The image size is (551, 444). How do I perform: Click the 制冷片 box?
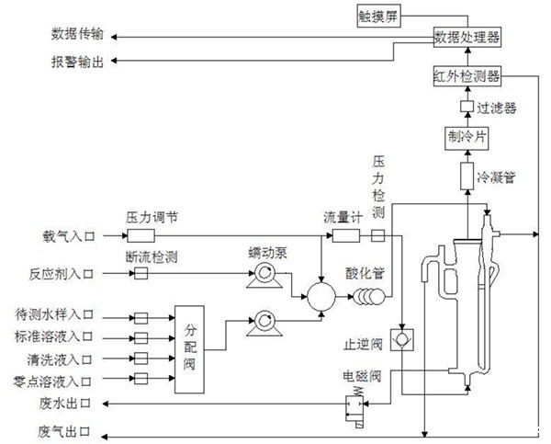(x=465, y=139)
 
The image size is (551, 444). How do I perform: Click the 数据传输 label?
(x=77, y=36)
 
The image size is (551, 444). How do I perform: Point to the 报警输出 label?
(x=77, y=61)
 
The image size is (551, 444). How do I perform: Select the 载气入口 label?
(x=68, y=235)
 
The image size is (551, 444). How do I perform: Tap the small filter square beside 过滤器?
(x=465, y=108)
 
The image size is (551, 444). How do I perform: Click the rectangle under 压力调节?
(x=147, y=235)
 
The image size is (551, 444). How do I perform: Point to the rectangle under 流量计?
(x=345, y=235)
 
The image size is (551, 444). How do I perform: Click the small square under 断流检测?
(x=141, y=274)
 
